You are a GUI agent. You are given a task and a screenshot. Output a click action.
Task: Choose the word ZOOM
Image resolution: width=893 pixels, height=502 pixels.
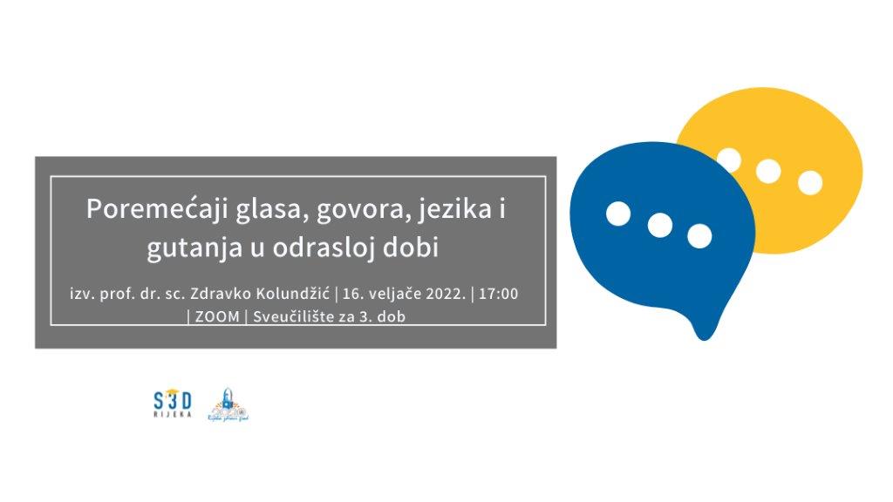217,316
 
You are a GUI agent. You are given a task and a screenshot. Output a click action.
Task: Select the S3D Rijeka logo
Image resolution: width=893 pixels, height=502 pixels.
172,404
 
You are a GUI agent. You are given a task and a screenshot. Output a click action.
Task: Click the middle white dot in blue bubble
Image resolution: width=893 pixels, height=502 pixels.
659,225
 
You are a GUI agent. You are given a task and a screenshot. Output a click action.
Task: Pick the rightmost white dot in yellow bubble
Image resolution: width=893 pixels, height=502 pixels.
810,182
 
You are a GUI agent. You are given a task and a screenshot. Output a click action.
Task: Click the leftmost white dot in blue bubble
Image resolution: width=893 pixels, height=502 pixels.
618,214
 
